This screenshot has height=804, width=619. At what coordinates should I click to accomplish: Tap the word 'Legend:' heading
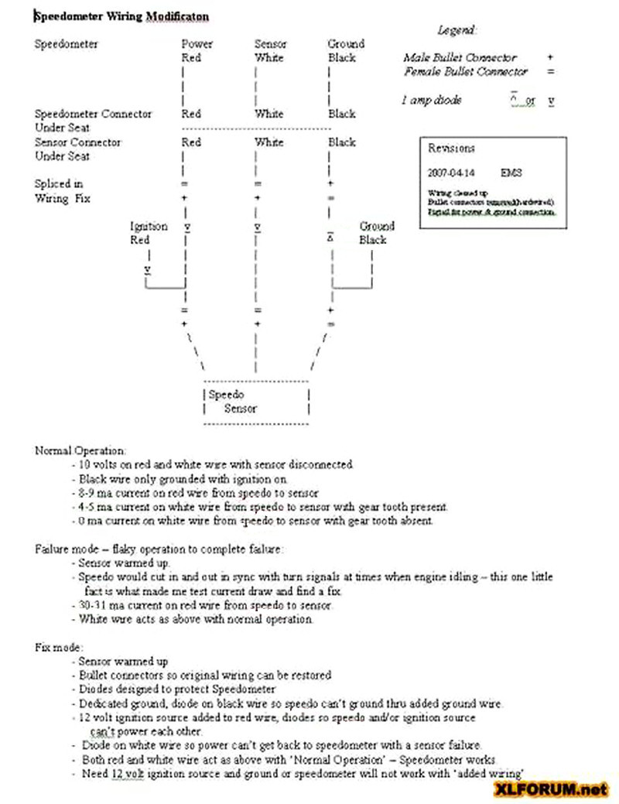click(x=457, y=30)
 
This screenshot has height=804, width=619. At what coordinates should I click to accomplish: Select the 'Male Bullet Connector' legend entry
click(x=460, y=57)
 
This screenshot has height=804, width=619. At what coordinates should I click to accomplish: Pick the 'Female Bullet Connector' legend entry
click(x=465, y=71)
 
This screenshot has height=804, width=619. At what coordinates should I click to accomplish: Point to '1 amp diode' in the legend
click(x=432, y=101)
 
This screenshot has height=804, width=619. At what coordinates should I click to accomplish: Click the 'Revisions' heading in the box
click(x=451, y=149)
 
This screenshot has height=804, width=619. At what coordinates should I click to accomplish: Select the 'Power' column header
click(x=197, y=44)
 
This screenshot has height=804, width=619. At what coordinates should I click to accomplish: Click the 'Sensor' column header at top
click(x=270, y=44)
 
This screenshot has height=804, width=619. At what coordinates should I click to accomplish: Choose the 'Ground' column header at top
click(x=345, y=44)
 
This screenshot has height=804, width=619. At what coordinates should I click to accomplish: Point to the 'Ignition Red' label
click(x=148, y=233)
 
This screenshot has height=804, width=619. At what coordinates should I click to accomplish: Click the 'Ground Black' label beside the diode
click(x=376, y=233)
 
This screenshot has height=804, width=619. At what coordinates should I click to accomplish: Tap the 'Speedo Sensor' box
click(x=255, y=402)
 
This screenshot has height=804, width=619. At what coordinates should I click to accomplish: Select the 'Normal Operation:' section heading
click(x=80, y=450)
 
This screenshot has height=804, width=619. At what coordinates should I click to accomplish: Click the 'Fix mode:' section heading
click(x=59, y=647)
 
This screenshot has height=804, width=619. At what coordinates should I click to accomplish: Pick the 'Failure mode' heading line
click(x=159, y=549)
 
